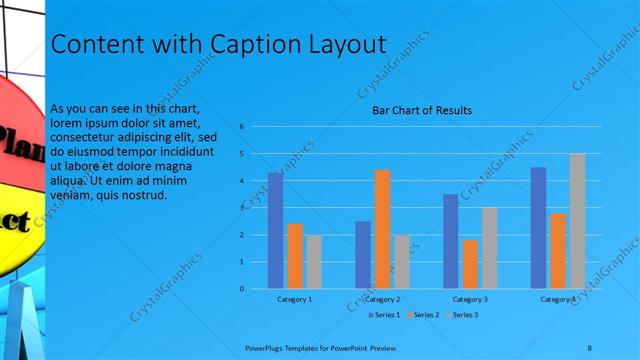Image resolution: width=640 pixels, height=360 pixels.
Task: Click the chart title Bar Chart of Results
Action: point(422,110)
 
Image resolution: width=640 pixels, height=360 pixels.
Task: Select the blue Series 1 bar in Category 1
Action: point(275,230)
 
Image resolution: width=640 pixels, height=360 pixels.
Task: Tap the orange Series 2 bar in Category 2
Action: point(382,229)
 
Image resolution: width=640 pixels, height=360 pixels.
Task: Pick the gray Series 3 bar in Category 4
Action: point(577,221)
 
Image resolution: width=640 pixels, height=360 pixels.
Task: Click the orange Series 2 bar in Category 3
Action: point(470,264)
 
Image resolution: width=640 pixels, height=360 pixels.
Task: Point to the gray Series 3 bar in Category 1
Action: point(314,261)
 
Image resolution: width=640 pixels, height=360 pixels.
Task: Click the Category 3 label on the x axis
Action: point(470,299)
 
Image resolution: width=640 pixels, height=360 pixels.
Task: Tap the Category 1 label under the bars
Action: point(294,299)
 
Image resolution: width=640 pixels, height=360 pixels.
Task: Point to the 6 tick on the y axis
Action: point(242,127)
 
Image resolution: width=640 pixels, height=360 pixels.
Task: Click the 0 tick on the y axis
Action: point(242,288)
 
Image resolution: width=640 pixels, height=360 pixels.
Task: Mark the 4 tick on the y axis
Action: point(242,181)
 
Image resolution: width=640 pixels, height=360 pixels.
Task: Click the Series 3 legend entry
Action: point(465,315)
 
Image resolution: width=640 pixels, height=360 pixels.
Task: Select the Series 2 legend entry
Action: point(427,315)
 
